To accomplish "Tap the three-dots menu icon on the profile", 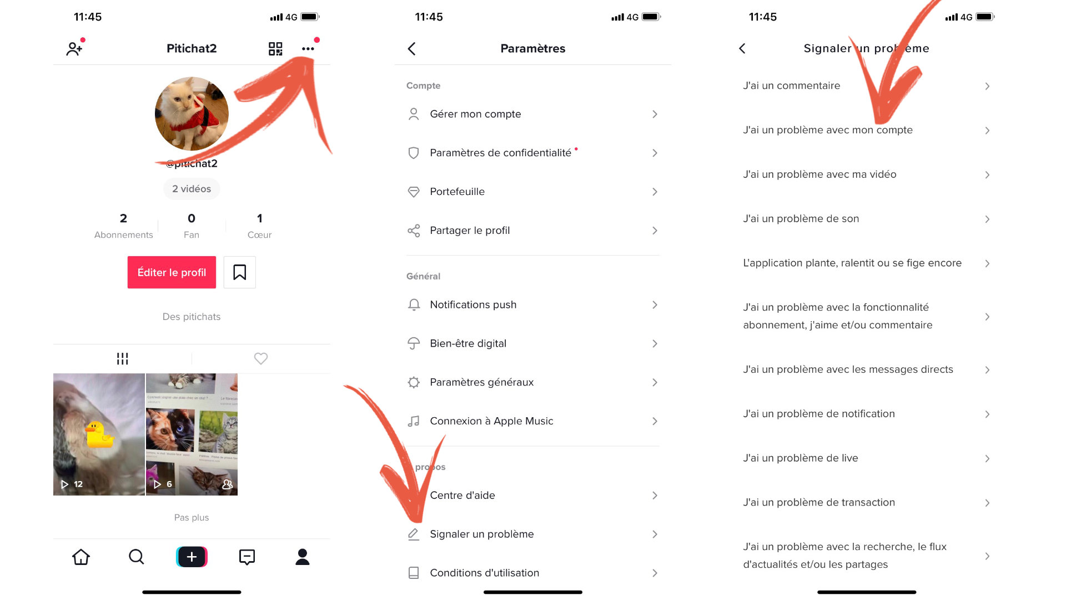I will click(x=308, y=49).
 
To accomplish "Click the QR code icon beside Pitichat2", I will click(x=275, y=49).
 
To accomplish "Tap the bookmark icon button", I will click(x=239, y=272).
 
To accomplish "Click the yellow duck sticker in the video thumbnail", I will click(x=99, y=435).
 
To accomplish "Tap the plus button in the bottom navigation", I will click(x=192, y=557).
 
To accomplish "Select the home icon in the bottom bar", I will click(x=81, y=557).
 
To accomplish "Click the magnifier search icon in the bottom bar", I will click(x=136, y=557).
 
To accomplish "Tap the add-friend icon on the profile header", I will click(x=74, y=49).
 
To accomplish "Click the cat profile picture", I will click(x=192, y=114).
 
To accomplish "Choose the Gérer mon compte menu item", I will click(x=475, y=114).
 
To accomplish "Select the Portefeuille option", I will click(x=457, y=192).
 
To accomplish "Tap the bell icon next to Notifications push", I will click(x=414, y=304).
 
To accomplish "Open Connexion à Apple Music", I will click(x=491, y=421).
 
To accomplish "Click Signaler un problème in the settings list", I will click(x=481, y=534).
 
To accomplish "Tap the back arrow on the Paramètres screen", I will click(x=411, y=49).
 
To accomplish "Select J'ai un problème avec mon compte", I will click(x=827, y=130).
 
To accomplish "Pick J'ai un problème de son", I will click(x=801, y=219).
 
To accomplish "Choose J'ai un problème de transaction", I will click(x=819, y=502).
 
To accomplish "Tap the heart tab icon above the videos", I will click(x=261, y=358).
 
